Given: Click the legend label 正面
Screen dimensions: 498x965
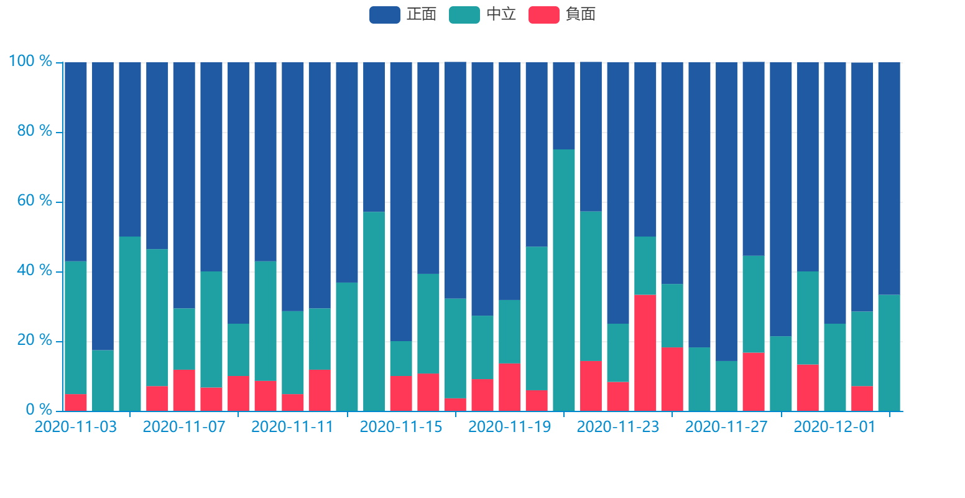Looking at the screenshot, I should (421, 14).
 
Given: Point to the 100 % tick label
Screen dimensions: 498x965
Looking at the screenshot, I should (30, 62).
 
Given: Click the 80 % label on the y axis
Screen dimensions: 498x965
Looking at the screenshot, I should (34, 131).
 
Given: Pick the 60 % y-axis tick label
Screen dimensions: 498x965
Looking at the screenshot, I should (34, 201).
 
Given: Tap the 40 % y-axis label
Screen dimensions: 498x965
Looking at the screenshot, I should (34, 271).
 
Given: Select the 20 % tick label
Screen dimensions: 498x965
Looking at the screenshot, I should (34, 341).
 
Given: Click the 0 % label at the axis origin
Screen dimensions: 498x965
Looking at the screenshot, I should (39, 410).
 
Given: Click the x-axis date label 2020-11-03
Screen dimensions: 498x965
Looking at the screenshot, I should (75, 428).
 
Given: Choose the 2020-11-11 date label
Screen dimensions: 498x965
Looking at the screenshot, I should (292, 428).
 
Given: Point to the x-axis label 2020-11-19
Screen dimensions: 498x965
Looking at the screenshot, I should (509, 428).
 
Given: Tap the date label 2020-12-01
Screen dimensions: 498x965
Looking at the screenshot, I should (834, 428).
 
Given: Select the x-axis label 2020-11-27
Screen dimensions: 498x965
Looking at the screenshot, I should (726, 428).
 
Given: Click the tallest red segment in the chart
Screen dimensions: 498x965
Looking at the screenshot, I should (645, 353).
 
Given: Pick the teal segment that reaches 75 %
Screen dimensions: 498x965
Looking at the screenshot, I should (564, 280).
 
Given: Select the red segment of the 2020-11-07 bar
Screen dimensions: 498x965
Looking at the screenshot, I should (184, 390).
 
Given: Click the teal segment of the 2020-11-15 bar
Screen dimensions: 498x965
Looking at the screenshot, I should (401, 358).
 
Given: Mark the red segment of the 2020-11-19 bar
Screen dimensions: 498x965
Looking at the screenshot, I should (509, 387).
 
